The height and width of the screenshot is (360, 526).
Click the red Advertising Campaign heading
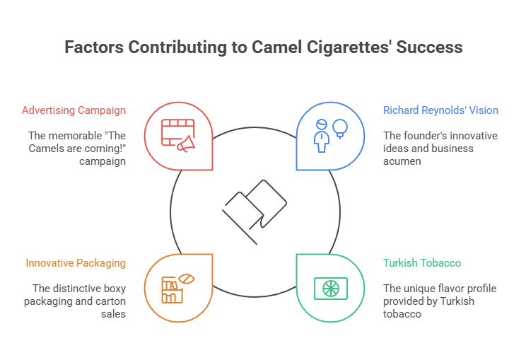coord(74,110)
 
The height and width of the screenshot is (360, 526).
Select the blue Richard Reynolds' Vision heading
coord(440,110)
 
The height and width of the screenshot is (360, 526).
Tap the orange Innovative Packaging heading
coord(76,263)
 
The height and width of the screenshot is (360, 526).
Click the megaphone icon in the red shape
coord(185,144)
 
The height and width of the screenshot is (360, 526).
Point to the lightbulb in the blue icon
coord(341,128)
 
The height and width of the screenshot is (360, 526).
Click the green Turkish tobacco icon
coord(330,289)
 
